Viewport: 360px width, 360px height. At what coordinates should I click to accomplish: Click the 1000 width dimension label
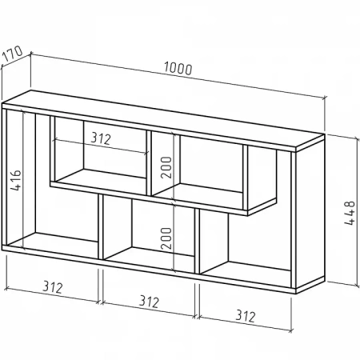click(x=178, y=69)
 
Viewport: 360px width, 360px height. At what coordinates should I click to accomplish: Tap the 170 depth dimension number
click(x=12, y=54)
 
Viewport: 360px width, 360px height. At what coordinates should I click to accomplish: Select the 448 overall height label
click(x=350, y=213)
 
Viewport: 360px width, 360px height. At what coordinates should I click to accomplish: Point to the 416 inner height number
click(x=15, y=180)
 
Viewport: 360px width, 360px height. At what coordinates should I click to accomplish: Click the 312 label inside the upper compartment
click(x=101, y=138)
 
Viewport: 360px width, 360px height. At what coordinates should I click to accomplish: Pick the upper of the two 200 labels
click(x=166, y=167)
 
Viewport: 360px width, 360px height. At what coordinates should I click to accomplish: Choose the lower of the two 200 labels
click(x=166, y=238)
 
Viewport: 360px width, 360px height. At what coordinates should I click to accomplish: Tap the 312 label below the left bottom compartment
click(x=53, y=287)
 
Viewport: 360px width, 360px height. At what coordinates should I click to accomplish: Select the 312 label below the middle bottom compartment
click(x=149, y=302)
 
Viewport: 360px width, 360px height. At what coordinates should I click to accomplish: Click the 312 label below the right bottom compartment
click(x=246, y=316)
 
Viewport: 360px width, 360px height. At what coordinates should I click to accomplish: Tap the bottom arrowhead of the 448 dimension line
click(x=357, y=284)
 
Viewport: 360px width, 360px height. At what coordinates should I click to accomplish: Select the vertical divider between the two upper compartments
click(x=149, y=163)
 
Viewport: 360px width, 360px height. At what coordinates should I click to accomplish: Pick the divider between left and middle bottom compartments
click(x=101, y=227)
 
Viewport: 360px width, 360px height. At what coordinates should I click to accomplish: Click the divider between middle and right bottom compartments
click(x=197, y=242)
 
